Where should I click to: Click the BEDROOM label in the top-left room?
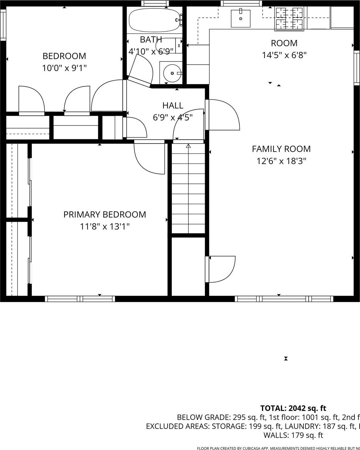click(x=64, y=56)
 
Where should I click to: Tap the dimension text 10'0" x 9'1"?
click(x=64, y=68)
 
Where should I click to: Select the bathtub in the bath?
click(x=154, y=20)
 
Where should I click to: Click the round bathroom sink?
click(x=172, y=73)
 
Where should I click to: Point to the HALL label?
click(x=173, y=105)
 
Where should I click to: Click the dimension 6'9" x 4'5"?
click(x=173, y=117)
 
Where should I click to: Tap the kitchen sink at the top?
click(x=240, y=18)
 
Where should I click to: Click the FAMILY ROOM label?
click(x=281, y=149)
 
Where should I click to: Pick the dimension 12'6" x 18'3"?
click(x=281, y=161)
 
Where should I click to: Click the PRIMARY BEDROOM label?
click(x=105, y=214)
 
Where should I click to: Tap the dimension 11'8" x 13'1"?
click(x=105, y=227)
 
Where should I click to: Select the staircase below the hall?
click(x=188, y=189)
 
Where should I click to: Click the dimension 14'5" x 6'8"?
click(x=284, y=55)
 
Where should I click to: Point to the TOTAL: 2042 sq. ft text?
click(x=293, y=408)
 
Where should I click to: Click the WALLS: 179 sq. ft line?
click(x=293, y=435)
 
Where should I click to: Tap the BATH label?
click(x=151, y=39)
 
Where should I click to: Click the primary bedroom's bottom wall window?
click(x=80, y=298)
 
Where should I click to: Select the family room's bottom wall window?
click(x=284, y=298)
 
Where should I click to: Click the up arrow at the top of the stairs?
click(x=188, y=146)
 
